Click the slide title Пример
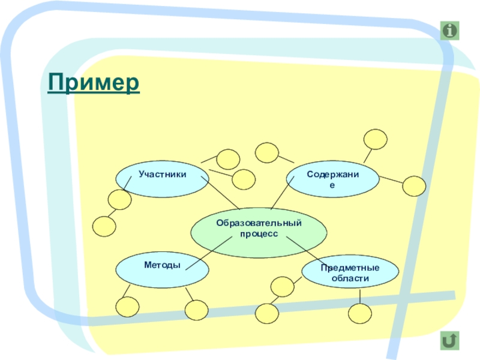point(94,83)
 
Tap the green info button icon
point(449,30)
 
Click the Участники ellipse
point(162,178)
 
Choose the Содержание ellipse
point(332,178)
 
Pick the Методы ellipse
point(162,268)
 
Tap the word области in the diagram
point(350,278)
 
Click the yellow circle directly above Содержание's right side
point(376,139)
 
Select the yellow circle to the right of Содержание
point(413,186)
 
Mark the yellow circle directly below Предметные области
point(361,313)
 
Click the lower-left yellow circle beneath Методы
point(127,308)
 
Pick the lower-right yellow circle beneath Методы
point(196,310)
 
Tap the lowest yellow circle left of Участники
point(104,226)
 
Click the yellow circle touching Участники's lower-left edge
point(119,200)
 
